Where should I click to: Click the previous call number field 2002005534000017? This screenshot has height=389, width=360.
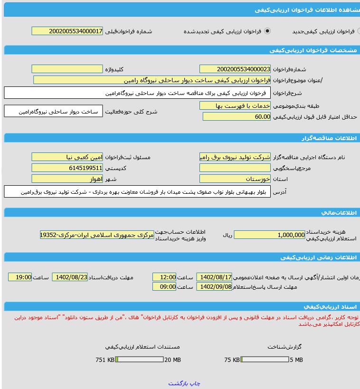(67, 31)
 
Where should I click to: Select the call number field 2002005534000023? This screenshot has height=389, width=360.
(235, 69)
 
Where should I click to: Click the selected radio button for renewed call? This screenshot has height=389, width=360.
(267, 31)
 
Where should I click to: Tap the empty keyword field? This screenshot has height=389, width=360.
(67, 69)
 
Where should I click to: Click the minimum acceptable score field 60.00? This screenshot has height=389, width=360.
(237, 117)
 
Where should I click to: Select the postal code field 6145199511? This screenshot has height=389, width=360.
(67, 168)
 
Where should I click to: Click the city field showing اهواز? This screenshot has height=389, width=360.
(67, 179)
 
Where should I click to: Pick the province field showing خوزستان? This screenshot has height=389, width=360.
(235, 179)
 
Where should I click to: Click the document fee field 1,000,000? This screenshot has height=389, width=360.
(270, 235)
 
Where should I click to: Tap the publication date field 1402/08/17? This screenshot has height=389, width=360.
(214, 277)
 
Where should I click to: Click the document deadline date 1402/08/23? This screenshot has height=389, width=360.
(70, 277)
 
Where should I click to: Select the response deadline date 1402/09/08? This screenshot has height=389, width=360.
(214, 287)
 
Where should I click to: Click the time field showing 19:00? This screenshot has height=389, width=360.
(20, 277)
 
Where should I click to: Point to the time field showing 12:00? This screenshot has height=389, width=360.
(164, 277)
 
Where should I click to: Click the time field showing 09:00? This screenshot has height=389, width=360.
(164, 287)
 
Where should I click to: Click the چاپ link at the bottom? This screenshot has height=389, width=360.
(195, 383)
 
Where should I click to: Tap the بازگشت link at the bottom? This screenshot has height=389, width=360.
(179, 383)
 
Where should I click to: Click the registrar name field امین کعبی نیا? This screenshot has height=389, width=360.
(67, 157)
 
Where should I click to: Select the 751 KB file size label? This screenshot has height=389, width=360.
(105, 360)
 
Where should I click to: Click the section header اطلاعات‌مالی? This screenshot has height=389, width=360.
(338, 212)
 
